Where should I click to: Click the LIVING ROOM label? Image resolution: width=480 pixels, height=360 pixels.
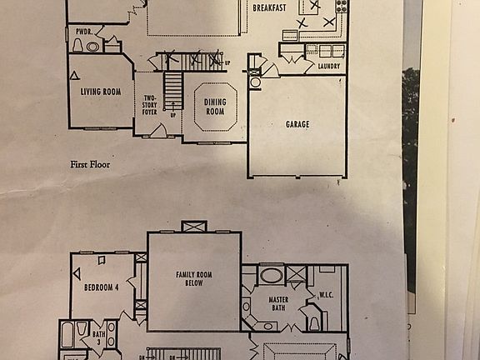tap(102, 92)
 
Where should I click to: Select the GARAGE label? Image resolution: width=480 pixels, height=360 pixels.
tap(297, 124)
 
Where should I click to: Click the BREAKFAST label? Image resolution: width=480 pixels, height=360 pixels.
tap(270, 7)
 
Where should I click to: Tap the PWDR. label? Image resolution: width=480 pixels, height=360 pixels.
tap(83, 31)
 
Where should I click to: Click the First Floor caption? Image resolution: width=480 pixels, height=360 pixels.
tap(89, 165)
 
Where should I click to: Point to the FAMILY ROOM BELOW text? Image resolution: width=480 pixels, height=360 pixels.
tap(194, 278)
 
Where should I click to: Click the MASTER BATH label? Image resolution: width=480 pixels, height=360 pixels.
tap(277, 304)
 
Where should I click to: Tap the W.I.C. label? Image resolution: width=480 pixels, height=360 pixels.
tap(325, 294)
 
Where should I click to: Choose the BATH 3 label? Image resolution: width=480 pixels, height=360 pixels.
tap(98, 339)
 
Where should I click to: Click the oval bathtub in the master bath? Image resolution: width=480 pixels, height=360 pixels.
tap(271, 275)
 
